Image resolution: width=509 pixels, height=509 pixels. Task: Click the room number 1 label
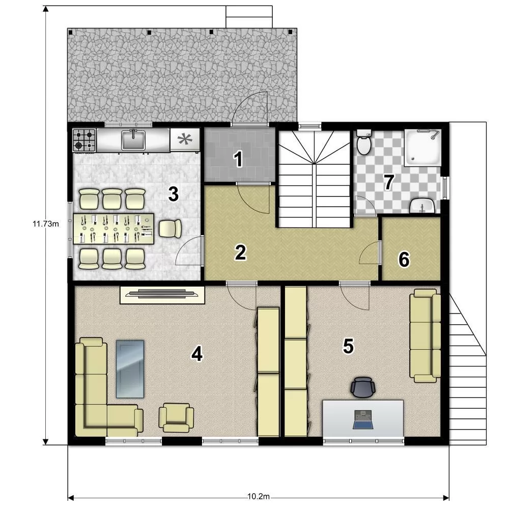[x=239, y=159]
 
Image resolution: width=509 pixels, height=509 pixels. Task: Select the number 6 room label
[x=404, y=260]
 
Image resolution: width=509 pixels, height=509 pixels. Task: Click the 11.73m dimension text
[x=46, y=223]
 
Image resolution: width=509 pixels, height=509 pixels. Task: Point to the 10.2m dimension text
[x=259, y=497]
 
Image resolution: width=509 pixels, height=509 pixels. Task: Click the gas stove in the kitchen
[x=84, y=140]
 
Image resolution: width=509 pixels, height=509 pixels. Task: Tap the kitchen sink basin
[x=133, y=140]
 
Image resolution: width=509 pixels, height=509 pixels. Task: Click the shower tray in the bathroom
[x=422, y=148]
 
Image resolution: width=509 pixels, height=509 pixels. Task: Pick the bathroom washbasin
[x=422, y=206]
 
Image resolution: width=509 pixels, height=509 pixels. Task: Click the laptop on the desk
[x=363, y=419]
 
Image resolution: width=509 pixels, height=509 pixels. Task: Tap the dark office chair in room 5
[x=363, y=387]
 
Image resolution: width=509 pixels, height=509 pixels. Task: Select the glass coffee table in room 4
[x=130, y=369]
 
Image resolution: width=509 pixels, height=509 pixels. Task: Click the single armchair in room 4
[x=176, y=417]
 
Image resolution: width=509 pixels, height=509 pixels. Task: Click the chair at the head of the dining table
[x=170, y=229]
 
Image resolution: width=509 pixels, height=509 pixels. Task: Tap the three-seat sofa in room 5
[x=425, y=336]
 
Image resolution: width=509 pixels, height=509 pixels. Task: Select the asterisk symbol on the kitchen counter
[x=184, y=139]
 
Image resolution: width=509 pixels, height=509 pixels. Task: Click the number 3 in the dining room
[x=174, y=194]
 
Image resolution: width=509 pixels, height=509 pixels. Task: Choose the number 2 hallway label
[x=240, y=252]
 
